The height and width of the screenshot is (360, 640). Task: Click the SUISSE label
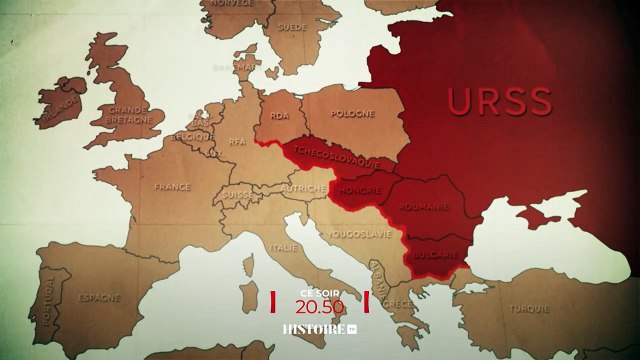coord(236,194)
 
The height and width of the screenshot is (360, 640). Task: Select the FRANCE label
coord(171,186)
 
